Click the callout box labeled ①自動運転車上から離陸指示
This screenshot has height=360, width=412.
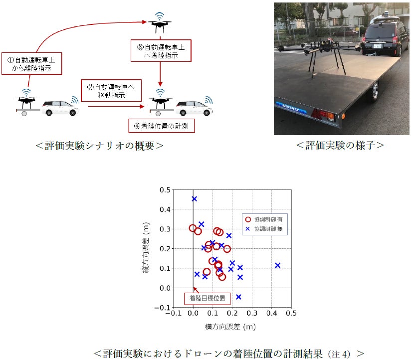(x=31, y=63)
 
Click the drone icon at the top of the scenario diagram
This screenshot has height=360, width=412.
(x=160, y=23)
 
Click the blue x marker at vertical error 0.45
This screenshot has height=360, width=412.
(x=195, y=199)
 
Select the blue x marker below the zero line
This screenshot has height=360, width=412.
(x=238, y=297)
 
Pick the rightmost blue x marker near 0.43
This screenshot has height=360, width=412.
(x=277, y=265)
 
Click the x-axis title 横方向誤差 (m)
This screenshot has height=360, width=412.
(x=230, y=327)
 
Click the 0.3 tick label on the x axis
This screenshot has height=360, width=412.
(x=252, y=313)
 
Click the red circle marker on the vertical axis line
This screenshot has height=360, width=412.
(x=193, y=228)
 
